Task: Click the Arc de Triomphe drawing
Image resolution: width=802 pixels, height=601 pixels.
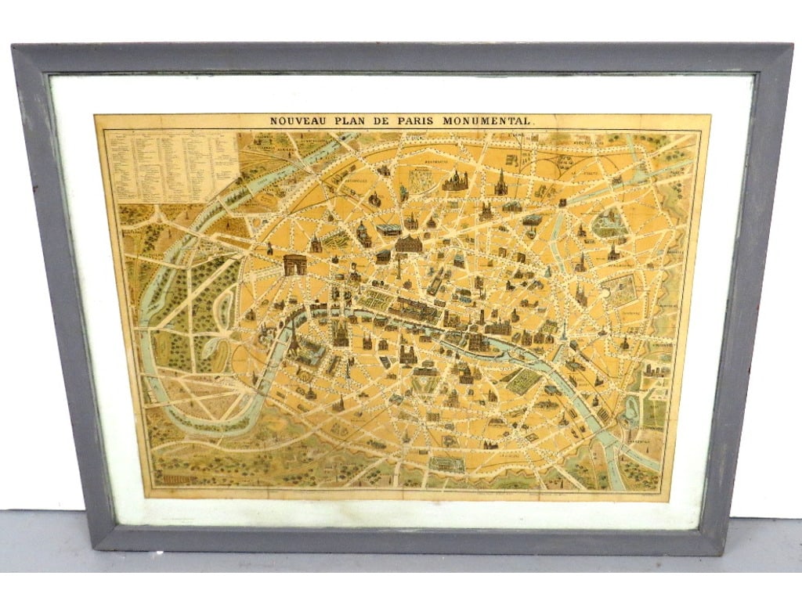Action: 295,264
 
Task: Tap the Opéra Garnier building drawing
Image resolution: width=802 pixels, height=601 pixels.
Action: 407,244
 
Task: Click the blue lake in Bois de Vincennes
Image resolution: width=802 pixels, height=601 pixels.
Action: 631,407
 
